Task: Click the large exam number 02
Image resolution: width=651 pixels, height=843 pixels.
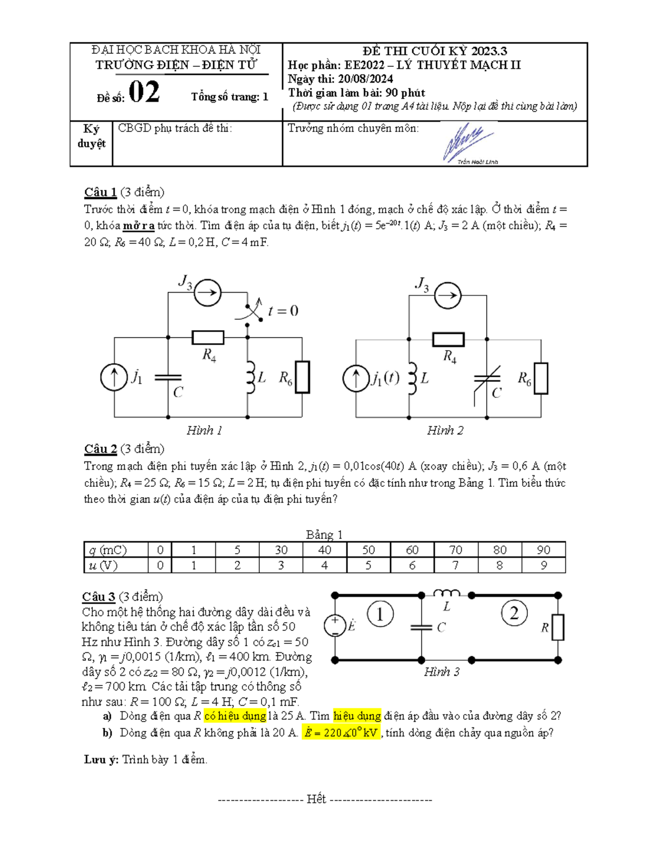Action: tap(144, 92)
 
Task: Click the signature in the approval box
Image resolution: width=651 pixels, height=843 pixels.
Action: tap(468, 143)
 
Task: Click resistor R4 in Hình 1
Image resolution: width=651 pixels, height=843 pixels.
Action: tap(208, 337)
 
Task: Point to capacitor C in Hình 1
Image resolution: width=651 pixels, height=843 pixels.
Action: tap(168, 378)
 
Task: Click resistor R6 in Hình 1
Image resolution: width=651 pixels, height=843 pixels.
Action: tap(302, 377)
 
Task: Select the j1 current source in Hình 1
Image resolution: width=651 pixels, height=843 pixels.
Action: tap(114, 377)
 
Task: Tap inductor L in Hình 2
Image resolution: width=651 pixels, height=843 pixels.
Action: tap(412, 378)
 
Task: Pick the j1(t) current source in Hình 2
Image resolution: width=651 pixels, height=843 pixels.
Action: tap(356, 378)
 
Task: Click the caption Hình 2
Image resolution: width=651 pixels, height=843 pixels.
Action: tap(445, 430)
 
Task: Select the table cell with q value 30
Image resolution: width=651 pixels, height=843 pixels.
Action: tap(280, 550)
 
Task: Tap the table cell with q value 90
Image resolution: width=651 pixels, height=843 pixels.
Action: tap(543, 550)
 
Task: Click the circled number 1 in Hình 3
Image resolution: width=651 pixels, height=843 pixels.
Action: tap(380, 614)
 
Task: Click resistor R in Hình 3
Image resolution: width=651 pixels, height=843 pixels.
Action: tap(558, 628)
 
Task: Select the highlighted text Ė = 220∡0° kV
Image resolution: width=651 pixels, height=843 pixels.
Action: tap(341, 733)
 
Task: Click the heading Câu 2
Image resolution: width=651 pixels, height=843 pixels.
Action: tap(100, 449)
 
